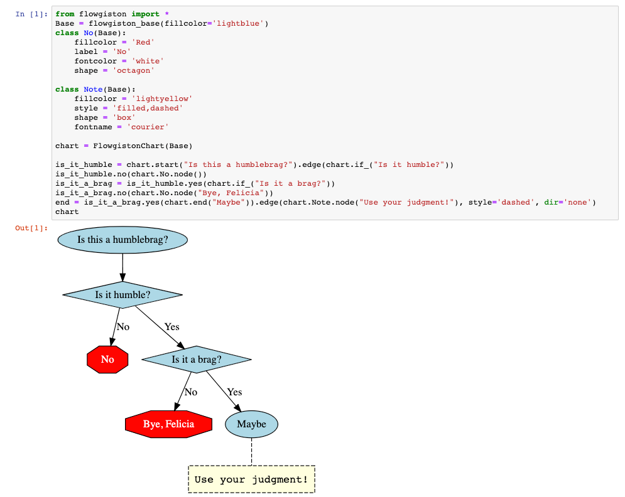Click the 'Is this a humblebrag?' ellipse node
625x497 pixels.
[122, 240]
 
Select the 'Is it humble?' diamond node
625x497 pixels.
[122, 294]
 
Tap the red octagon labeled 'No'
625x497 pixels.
[107, 360]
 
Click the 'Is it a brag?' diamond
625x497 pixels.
[197, 360]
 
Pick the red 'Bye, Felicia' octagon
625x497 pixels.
[168, 424]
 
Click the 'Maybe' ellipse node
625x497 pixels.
[251, 424]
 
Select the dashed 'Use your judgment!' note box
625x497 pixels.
[251, 479]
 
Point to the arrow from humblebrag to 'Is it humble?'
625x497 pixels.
[122, 267]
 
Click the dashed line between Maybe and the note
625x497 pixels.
[251, 451]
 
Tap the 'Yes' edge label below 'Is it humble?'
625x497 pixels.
[171, 327]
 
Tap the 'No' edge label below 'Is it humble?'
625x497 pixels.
[123, 327]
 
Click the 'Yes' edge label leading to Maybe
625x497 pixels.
[234, 392]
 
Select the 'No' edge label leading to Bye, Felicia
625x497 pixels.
[191, 392]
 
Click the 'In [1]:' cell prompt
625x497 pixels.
[31, 14]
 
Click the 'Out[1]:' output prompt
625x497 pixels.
[31, 228]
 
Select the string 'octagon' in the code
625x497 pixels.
[133, 70]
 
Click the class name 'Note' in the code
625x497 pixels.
[93, 89]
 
